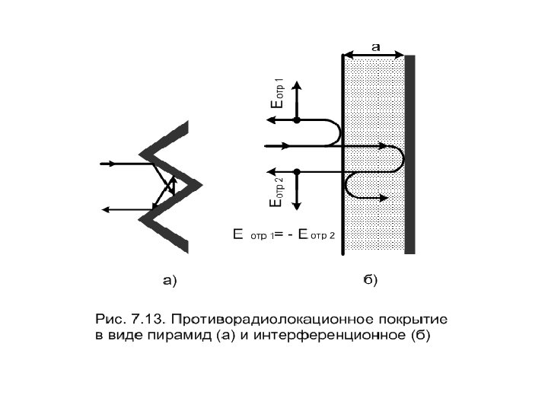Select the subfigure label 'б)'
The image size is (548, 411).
(x=368, y=281)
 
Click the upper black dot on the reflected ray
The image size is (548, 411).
(x=298, y=120)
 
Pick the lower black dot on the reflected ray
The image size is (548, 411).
(x=298, y=171)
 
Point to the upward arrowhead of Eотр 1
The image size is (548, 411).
(x=298, y=82)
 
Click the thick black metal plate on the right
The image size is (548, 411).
(x=409, y=152)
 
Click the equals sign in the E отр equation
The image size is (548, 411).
(x=279, y=234)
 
